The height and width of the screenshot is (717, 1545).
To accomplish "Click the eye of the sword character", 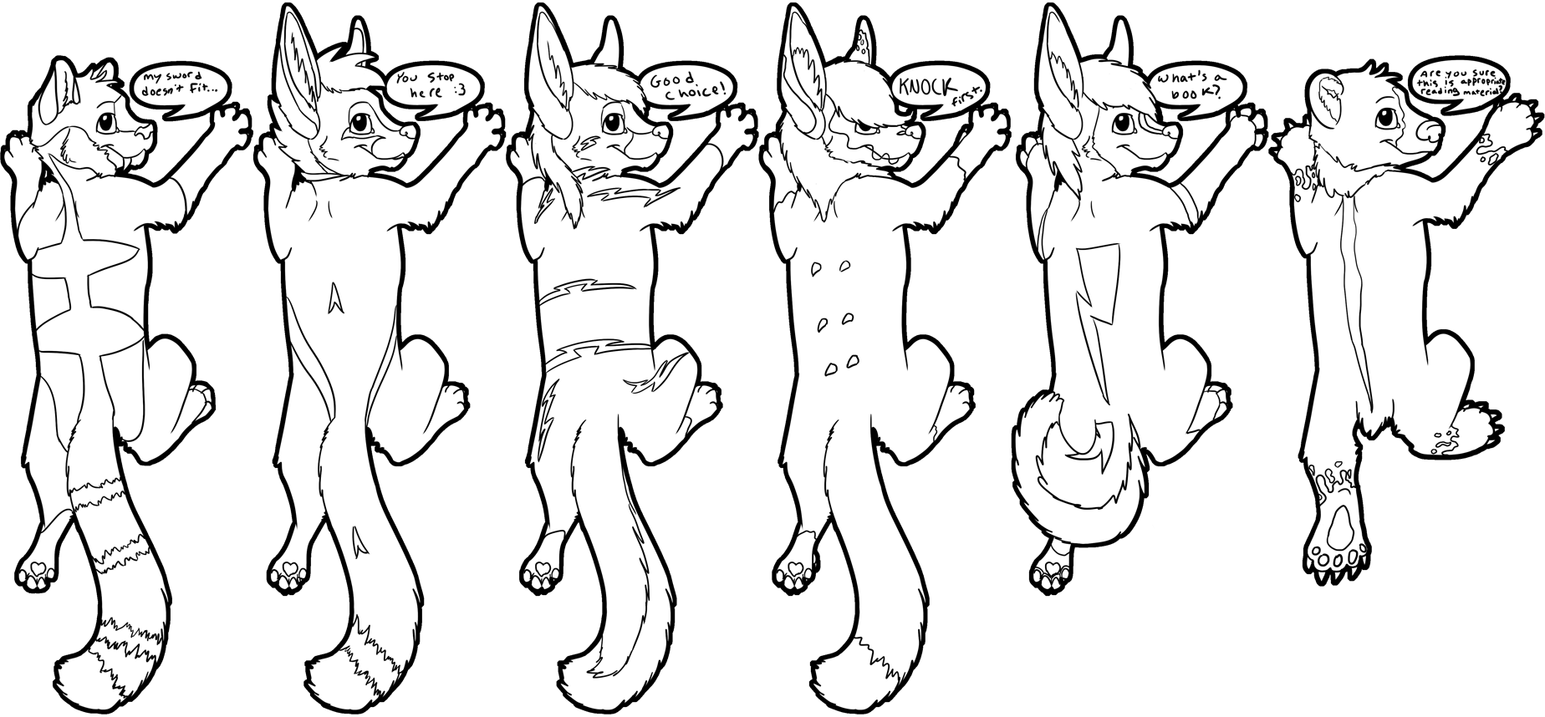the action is tap(107, 122).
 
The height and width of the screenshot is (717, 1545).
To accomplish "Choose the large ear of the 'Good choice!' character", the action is tap(553, 84).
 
